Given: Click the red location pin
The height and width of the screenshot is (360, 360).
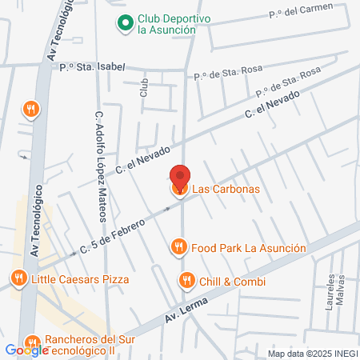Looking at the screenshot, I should click(180, 176).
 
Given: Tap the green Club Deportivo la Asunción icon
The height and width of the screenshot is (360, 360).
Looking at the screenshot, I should click(125, 23).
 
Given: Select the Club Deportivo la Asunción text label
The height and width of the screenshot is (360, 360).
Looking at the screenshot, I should click(166, 23).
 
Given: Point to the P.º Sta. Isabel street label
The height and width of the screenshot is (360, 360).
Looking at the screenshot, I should click(92, 67).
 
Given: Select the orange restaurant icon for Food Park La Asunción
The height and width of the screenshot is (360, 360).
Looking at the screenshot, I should click(180, 248).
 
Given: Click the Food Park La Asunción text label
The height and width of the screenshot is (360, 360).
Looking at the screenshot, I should click(249, 248).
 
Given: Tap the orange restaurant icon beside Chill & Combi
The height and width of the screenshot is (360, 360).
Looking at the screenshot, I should click(186, 281).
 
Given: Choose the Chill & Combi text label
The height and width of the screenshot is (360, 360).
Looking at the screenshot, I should click(233, 281).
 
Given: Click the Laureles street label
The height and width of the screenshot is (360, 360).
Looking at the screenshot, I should click(329, 291).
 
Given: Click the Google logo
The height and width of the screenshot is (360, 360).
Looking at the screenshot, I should click(26, 350).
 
